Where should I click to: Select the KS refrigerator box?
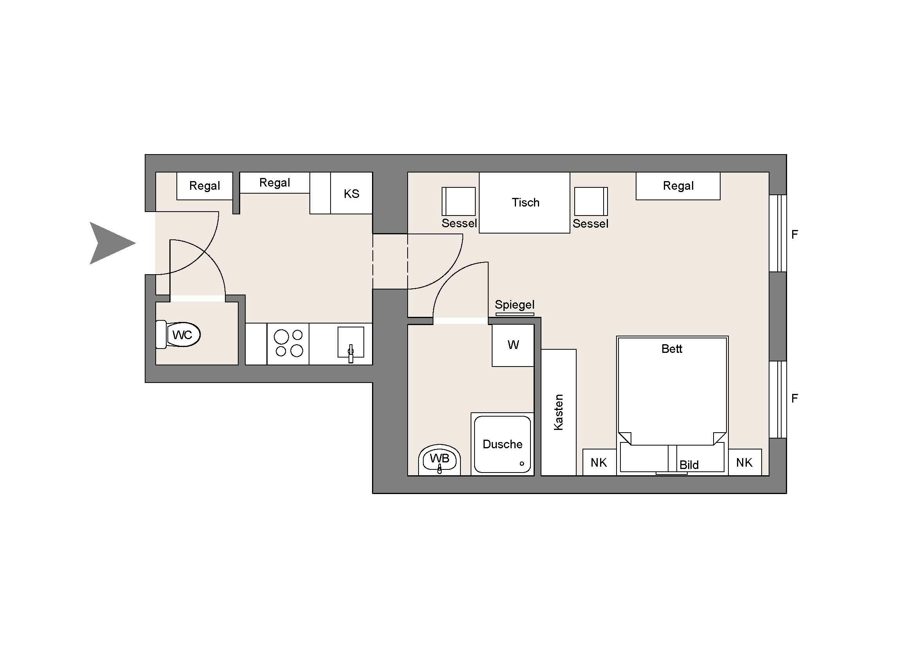pos(352,193)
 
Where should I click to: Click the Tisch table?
pos(525,202)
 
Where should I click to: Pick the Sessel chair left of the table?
pos(459,201)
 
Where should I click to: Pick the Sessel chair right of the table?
pos(591,201)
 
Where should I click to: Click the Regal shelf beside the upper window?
pos(678,186)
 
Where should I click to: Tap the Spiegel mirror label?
pos(514,305)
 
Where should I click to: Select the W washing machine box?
pos(513,345)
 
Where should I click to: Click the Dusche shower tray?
pos(503,444)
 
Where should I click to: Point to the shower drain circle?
pos(522,463)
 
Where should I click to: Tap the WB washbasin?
pos(440,460)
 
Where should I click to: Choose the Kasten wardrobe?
pos(558,412)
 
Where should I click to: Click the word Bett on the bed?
pos(672,349)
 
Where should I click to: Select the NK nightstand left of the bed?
pos(599,462)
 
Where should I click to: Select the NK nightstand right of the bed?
pos(745,462)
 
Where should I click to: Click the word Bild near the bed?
pos(689,465)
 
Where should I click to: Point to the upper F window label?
pos(795,235)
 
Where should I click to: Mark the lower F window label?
pos(795,398)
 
